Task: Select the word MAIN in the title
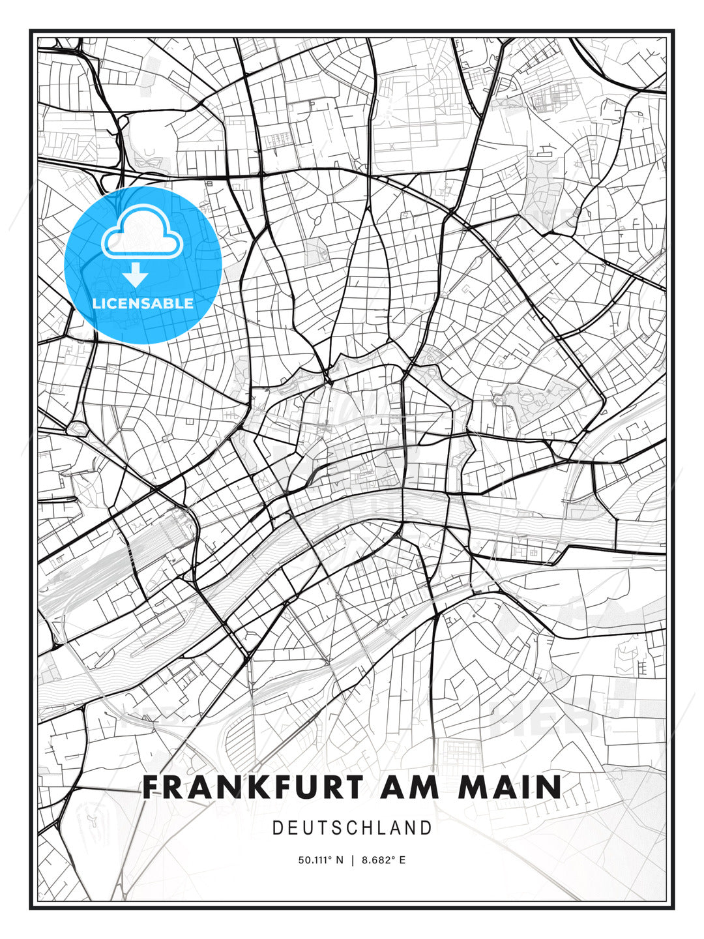[x=510, y=787]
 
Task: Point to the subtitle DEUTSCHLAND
[x=352, y=828]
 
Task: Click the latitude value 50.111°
[x=316, y=860]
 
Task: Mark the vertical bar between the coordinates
[x=352, y=860]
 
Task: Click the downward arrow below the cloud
[x=136, y=276]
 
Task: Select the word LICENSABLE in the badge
[x=143, y=303]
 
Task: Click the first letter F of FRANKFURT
[x=151, y=787]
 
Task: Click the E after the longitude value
[x=402, y=860]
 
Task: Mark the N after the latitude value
[x=339, y=860]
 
